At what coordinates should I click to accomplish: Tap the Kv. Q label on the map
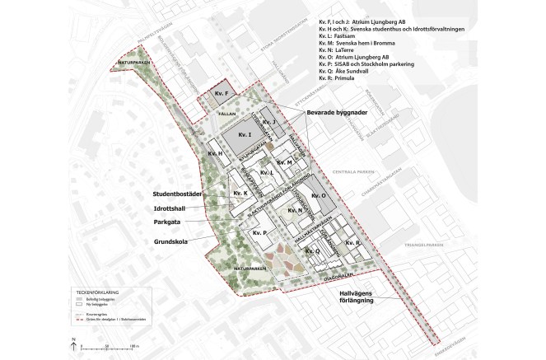click(312, 250)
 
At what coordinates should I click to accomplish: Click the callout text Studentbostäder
click(179, 194)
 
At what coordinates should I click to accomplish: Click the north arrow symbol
click(73, 340)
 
